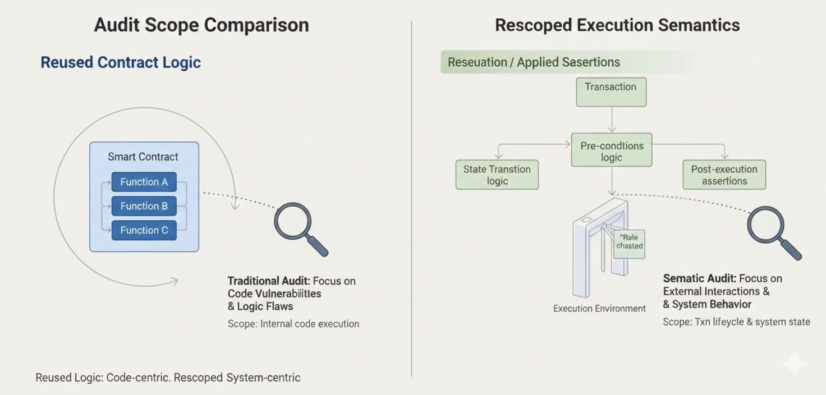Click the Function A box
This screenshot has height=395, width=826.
(x=144, y=182)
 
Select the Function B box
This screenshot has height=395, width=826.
(x=144, y=206)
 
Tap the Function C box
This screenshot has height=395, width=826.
(x=144, y=230)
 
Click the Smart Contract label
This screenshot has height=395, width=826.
(x=143, y=157)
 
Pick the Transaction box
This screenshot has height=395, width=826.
(x=611, y=91)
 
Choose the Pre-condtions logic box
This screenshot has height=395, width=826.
(x=612, y=150)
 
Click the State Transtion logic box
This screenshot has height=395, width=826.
(x=497, y=174)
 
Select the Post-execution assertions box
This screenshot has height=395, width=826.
(x=724, y=174)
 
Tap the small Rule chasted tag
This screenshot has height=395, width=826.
(x=629, y=242)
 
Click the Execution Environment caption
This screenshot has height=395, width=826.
(x=599, y=309)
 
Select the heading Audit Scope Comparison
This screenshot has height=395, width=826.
(x=201, y=25)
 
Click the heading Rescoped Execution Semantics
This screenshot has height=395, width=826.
(x=617, y=25)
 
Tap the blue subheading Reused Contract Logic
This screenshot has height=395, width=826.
(x=121, y=62)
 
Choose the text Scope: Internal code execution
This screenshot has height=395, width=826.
(x=293, y=324)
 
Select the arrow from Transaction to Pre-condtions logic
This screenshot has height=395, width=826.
(x=612, y=119)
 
